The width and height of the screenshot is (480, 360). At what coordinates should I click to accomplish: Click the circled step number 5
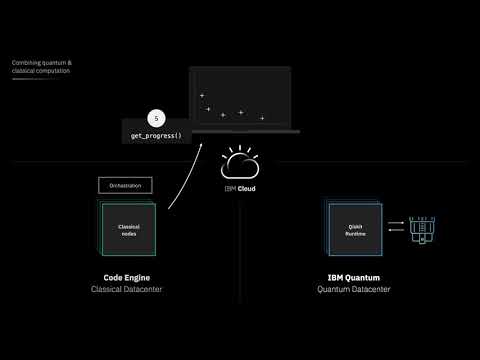[155, 117]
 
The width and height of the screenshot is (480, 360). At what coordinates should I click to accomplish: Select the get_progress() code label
[157, 135]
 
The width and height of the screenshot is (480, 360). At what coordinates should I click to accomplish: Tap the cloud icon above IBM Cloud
[240, 162]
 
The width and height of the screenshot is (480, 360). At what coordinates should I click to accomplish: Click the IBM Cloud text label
[240, 186]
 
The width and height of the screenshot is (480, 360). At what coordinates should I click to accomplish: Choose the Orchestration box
[124, 185]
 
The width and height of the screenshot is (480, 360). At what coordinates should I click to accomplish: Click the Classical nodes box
[128, 230]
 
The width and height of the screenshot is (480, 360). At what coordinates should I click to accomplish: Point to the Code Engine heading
[127, 277]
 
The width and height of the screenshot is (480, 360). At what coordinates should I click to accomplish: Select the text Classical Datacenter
[127, 289]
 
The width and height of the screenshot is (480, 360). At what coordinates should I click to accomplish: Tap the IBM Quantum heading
[354, 277]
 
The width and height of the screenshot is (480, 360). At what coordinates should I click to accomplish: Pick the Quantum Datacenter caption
[354, 289]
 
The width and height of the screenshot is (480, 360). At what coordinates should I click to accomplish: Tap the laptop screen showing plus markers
[240, 98]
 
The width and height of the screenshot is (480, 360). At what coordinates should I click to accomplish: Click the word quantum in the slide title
[51, 63]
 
